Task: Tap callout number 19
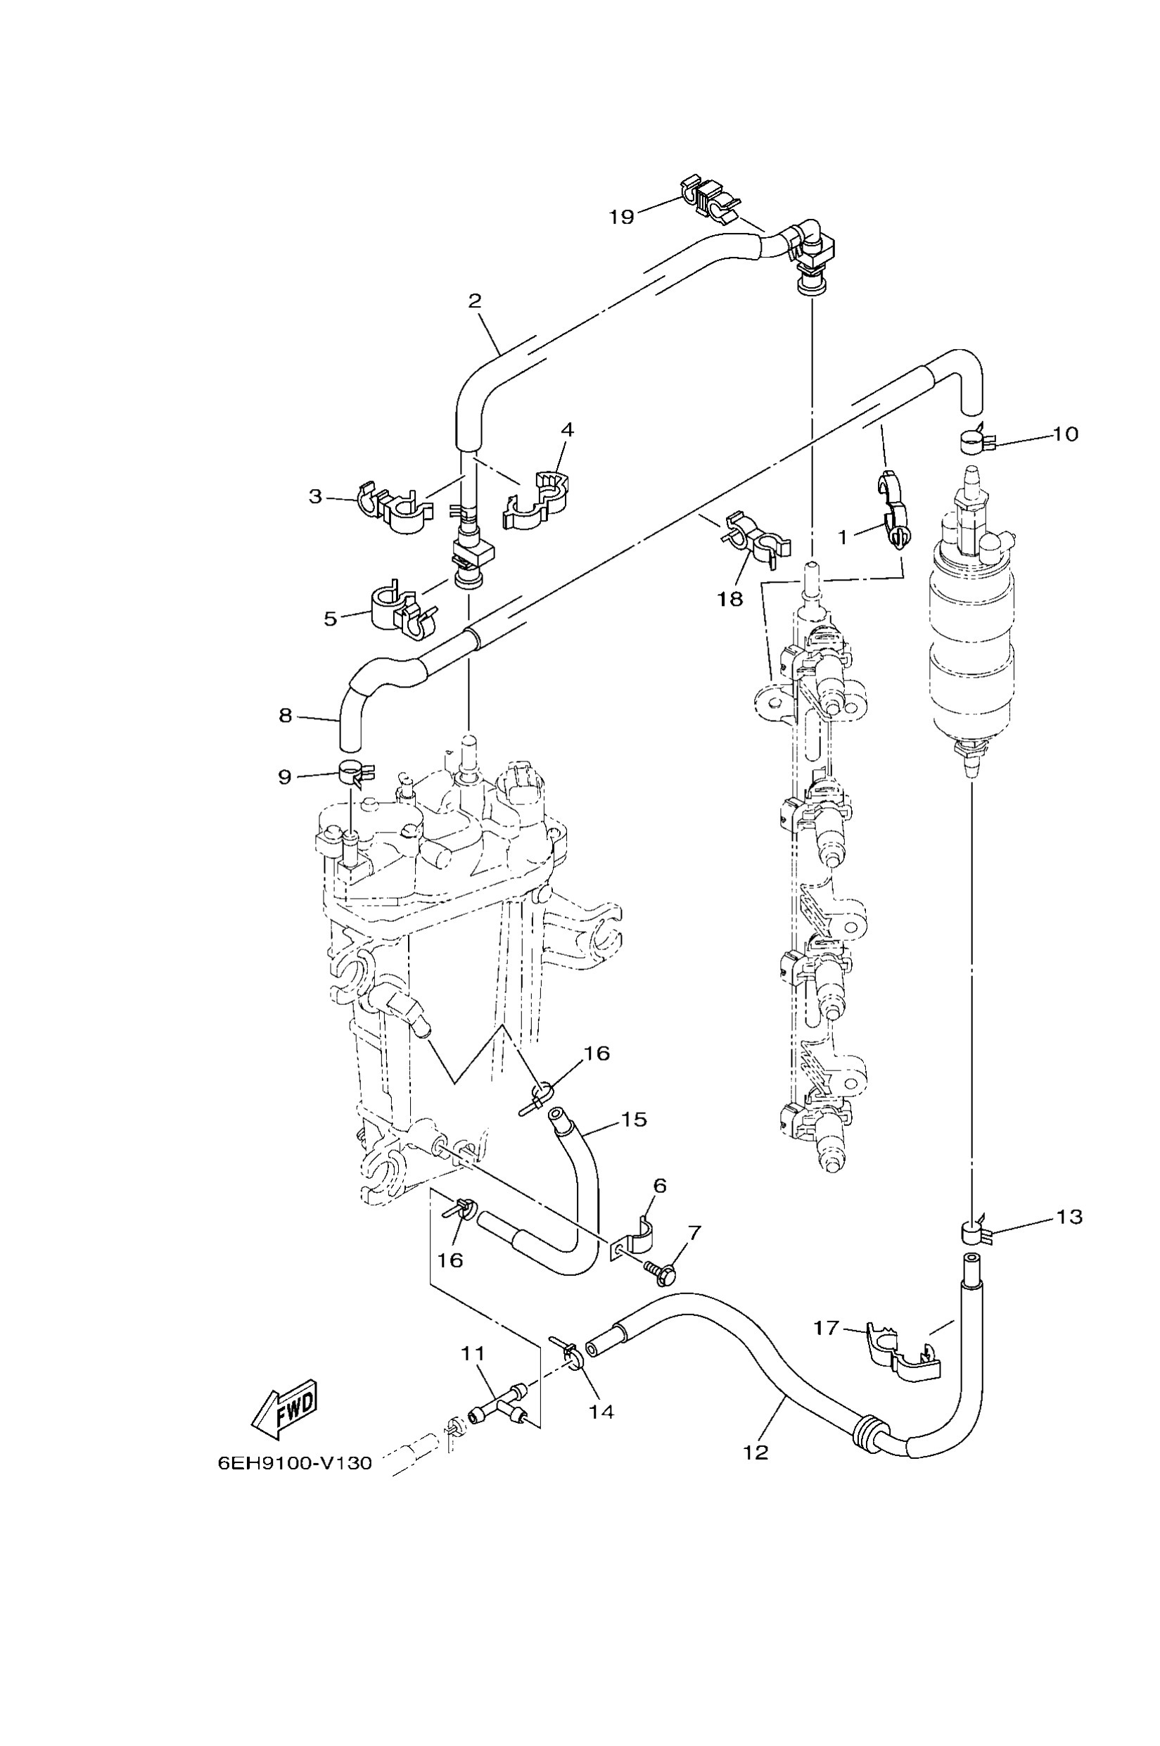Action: (621, 217)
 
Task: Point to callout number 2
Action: (475, 301)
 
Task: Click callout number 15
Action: (634, 1119)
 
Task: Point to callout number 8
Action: (286, 716)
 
